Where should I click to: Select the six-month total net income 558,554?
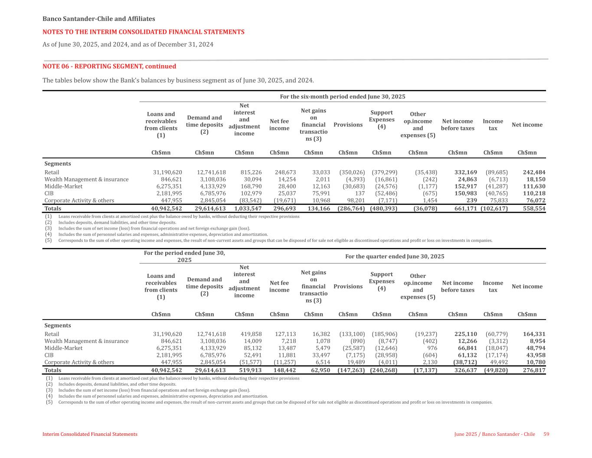[534, 209]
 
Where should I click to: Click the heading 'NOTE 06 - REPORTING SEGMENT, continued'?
[109, 66]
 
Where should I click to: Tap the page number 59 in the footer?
[546, 435]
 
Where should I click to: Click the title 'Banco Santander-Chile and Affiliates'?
[99, 19]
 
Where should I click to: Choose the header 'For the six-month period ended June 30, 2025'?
[343, 97]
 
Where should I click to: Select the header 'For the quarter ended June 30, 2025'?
[395, 257]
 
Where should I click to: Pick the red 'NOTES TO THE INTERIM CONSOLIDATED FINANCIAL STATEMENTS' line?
[144, 32]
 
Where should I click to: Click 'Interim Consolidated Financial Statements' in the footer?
[90, 435]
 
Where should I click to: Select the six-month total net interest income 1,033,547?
[245, 209]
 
